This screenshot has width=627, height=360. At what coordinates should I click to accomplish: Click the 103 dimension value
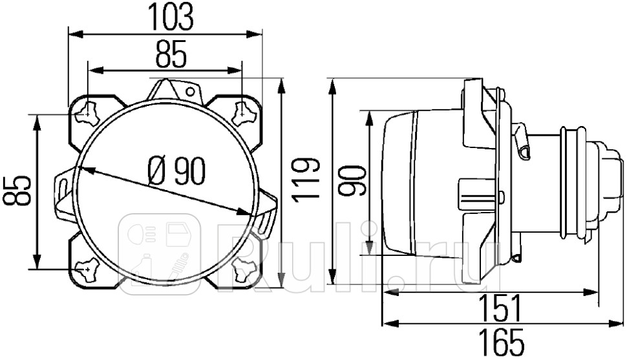click(171, 17)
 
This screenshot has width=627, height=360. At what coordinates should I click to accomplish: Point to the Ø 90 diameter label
click(176, 171)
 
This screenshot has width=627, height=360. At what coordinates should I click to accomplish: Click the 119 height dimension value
click(306, 178)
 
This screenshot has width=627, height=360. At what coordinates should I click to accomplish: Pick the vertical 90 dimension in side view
click(352, 180)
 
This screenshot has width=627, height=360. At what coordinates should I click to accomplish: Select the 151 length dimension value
click(500, 308)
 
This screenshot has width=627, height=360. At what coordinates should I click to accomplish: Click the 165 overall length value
click(501, 342)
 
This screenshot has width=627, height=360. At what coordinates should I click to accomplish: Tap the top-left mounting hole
click(87, 113)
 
